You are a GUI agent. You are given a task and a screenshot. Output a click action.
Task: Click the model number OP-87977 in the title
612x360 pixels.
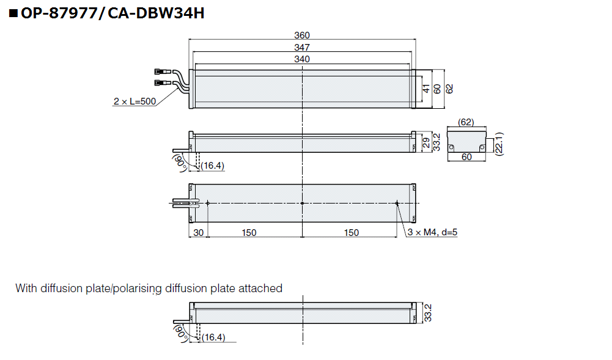[58, 12]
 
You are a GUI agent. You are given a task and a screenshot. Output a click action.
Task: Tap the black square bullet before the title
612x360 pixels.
[13, 13]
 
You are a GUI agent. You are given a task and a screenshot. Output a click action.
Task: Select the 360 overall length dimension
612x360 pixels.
[302, 35]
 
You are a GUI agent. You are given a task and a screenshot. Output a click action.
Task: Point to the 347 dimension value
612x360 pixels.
[302, 47]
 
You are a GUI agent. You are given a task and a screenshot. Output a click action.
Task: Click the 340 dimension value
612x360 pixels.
[302, 59]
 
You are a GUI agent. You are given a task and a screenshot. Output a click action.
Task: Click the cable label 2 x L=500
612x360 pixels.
[135, 101]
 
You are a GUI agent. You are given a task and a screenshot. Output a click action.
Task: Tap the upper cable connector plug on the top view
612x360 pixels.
[163, 72]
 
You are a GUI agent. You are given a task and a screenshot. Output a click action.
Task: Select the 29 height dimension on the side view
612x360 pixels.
[426, 144]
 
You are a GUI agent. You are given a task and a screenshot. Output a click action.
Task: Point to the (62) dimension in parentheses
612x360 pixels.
[466, 122]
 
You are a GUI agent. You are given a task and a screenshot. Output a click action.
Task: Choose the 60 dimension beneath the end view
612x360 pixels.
[466, 157]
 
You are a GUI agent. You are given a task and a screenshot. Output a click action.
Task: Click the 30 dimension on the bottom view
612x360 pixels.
[198, 232]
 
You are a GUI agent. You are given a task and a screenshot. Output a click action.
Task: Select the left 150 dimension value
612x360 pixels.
[249, 232]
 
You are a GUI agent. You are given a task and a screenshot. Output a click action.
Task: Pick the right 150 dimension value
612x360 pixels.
[351, 232]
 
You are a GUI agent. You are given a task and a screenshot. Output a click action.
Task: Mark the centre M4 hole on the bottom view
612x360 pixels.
[303, 203]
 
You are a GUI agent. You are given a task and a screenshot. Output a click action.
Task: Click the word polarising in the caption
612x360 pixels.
[142, 288]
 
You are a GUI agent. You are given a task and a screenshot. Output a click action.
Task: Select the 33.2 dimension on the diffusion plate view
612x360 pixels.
[429, 313]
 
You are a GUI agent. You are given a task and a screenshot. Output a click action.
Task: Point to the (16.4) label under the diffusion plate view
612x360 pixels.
[213, 337]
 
